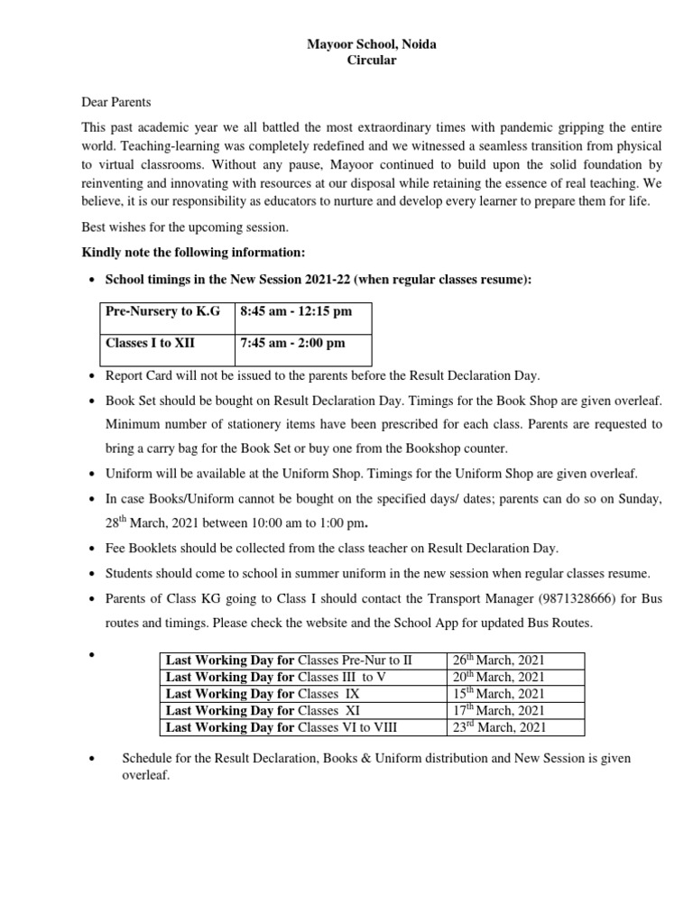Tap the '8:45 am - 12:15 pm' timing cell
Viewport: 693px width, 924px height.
[293, 311]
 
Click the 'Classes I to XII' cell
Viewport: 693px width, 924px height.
[150, 343]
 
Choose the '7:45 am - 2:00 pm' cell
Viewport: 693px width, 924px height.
[291, 343]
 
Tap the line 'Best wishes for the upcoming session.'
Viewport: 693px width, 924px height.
[185, 227]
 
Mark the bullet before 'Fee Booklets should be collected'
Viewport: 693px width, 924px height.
[93, 549]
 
